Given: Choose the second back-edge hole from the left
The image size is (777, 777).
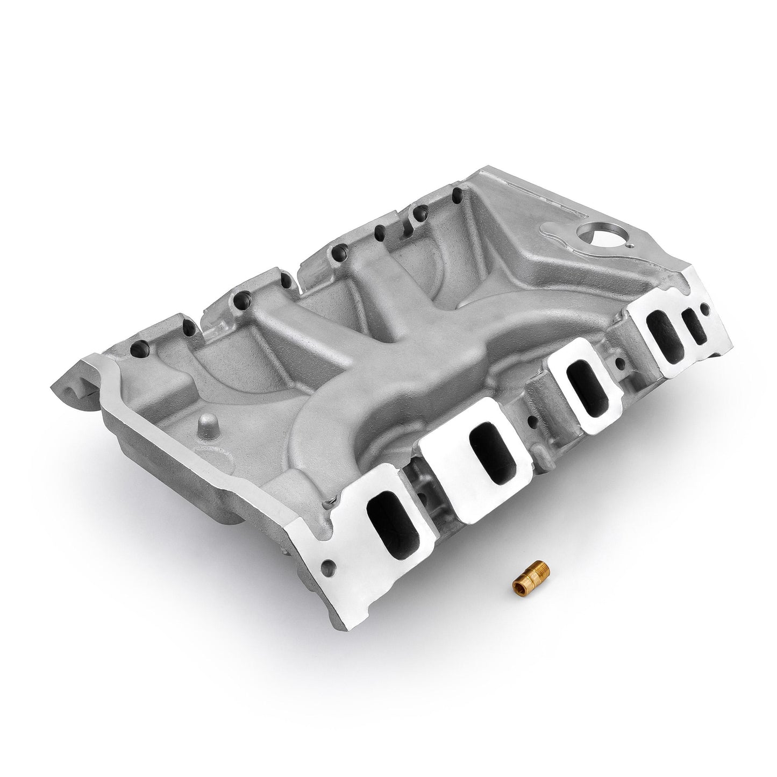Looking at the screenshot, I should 186,325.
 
